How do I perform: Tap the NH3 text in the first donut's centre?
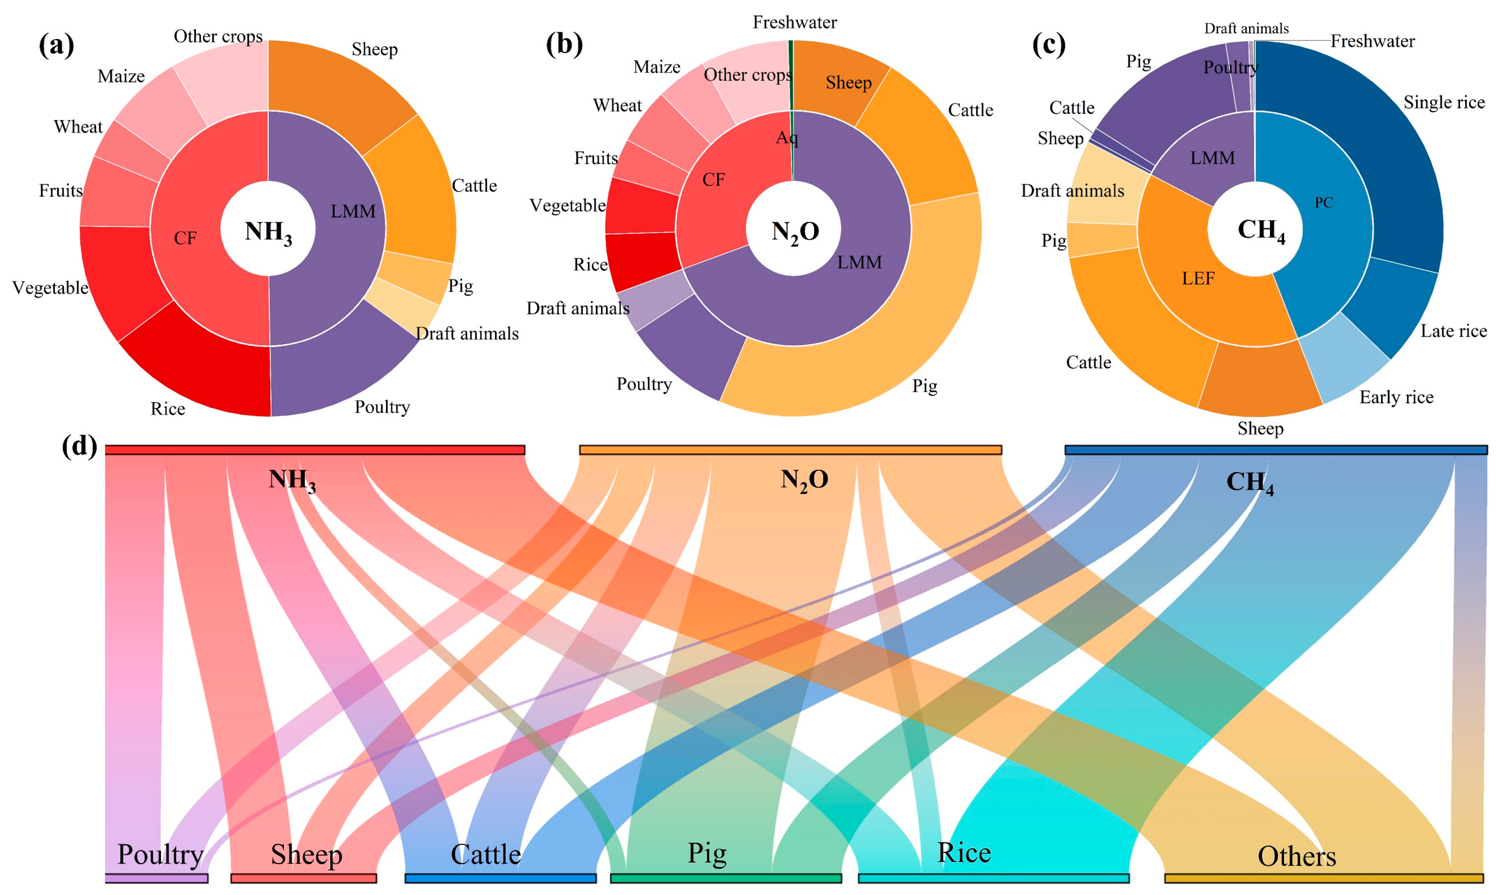pos(269,232)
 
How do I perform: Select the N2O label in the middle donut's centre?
pos(795,232)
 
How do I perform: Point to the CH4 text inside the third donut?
pos(1261,230)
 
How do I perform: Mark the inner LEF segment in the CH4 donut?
pos(1200,278)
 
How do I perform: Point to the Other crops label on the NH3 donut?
pos(218,37)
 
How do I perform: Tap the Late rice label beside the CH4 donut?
pos(1453,331)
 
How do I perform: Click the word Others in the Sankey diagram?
pos(1296,856)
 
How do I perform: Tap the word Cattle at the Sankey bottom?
pos(485,855)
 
